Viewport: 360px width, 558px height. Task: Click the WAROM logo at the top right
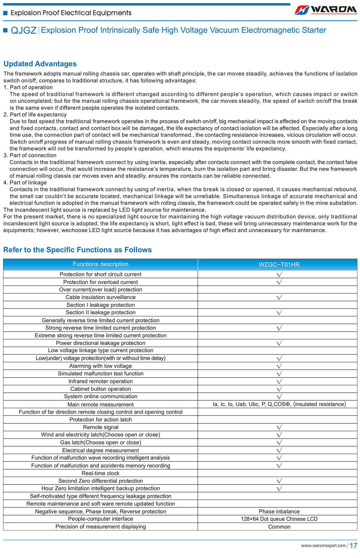pyautogui.click(x=326, y=10)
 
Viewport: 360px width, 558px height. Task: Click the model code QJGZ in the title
pyautogui.click(x=23, y=30)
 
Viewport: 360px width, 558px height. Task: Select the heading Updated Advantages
pyautogui.click(x=40, y=64)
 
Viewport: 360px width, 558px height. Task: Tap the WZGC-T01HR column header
pyautogui.click(x=279, y=265)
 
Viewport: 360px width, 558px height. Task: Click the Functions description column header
pyautogui.click(x=100, y=264)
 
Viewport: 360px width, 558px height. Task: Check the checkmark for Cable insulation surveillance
pyautogui.click(x=279, y=297)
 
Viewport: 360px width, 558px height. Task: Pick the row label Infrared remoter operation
pyautogui.click(x=100, y=381)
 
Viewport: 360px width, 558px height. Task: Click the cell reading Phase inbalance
pyautogui.click(x=279, y=512)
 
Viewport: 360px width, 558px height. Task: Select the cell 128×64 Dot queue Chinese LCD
pyautogui.click(x=279, y=519)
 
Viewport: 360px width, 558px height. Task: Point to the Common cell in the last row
pyautogui.click(x=279, y=527)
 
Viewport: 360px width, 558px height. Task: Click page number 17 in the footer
pyautogui.click(x=353, y=546)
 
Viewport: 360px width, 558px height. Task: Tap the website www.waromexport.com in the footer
pyautogui.click(x=323, y=546)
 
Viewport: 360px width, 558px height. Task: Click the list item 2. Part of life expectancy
pyautogui.click(x=35, y=115)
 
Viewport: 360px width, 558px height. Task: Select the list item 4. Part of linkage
pyautogui.click(x=25, y=183)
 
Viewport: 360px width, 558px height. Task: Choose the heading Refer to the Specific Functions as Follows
pyautogui.click(x=77, y=250)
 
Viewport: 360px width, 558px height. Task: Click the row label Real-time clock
pyautogui.click(x=100, y=473)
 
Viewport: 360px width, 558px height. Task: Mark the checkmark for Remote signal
pyautogui.click(x=279, y=427)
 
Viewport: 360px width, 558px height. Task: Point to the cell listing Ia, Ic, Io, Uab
pyautogui.click(x=279, y=404)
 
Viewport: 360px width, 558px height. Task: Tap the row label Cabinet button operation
pyautogui.click(x=100, y=389)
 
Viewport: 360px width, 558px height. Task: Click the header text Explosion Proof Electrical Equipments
pyautogui.click(x=71, y=13)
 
